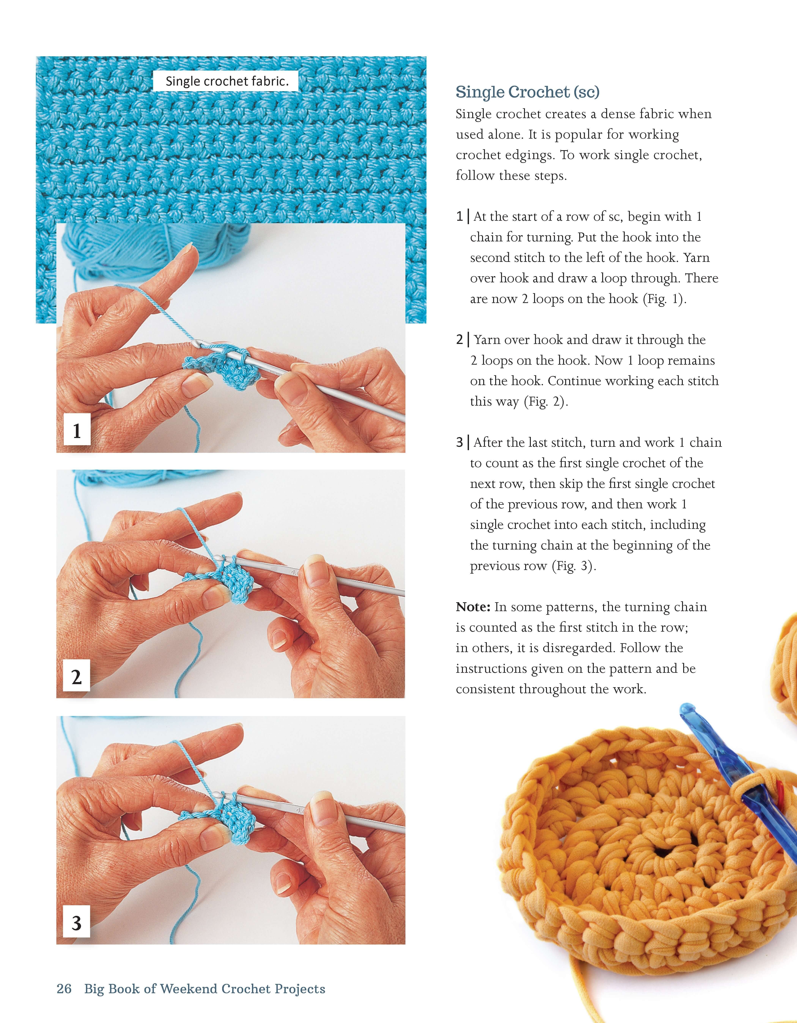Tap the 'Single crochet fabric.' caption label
click(226, 81)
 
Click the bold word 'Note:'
click(473, 607)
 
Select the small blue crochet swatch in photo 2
click(234, 583)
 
